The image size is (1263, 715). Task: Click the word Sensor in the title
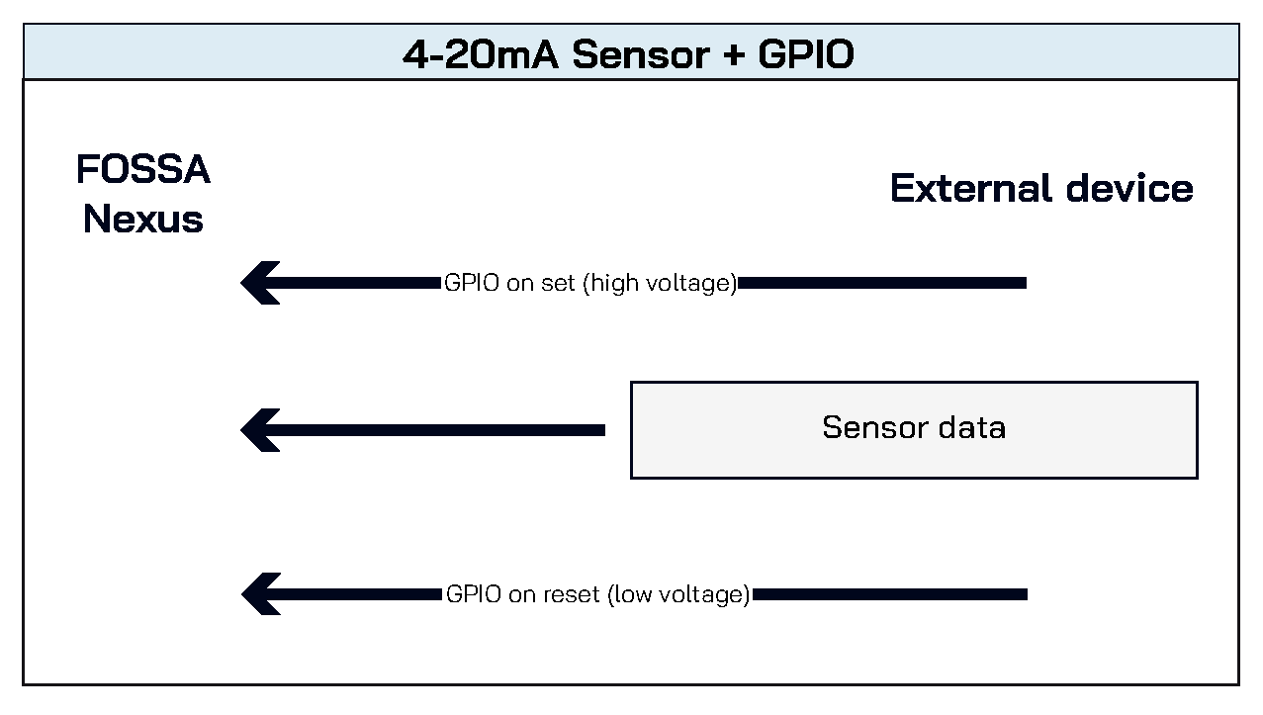(641, 54)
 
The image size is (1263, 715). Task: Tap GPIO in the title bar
(806, 54)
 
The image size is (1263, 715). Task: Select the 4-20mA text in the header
(481, 54)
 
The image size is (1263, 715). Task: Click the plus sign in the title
(733, 55)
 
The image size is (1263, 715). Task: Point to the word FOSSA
(143, 169)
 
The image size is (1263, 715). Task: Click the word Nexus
(143, 219)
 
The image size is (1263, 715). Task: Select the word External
(971, 188)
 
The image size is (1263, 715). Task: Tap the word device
(1129, 188)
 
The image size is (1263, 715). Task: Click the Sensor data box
(914, 430)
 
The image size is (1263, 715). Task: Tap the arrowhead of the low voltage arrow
(260, 594)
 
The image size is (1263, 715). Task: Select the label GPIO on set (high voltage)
(590, 283)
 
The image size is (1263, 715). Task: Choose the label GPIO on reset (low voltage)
(598, 594)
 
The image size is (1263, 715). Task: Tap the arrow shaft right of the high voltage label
(882, 283)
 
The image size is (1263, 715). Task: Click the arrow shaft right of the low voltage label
(890, 594)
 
